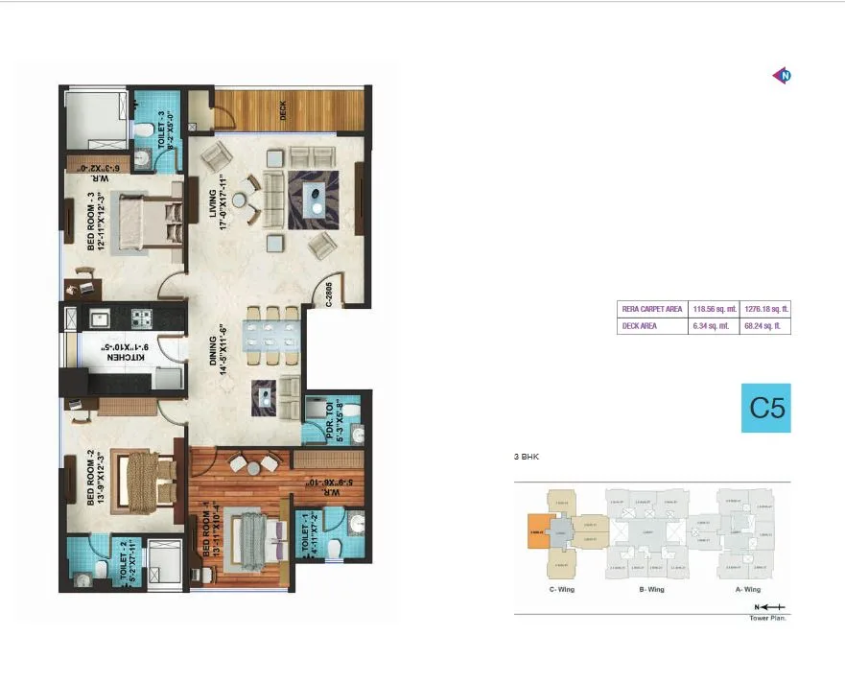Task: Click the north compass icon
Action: click(784, 76)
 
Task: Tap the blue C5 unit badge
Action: click(766, 408)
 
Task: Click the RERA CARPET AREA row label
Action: click(652, 310)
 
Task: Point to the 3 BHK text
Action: click(528, 458)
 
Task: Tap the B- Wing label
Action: click(649, 590)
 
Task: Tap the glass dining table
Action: click(263, 336)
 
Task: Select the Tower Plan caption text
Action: click(768, 618)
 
